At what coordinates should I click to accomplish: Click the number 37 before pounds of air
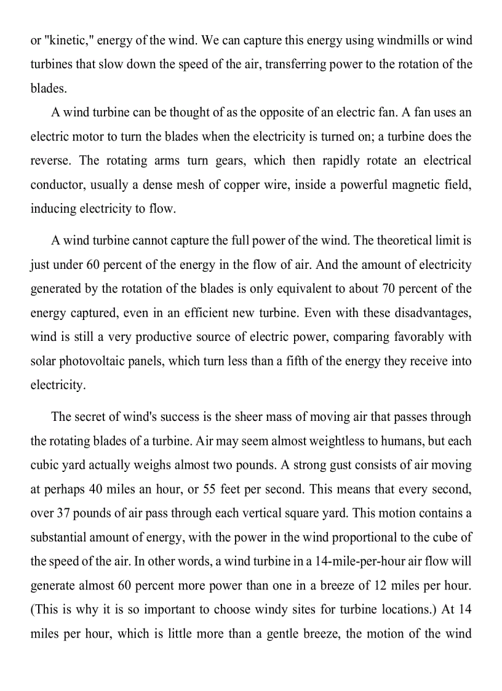[x=63, y=513]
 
